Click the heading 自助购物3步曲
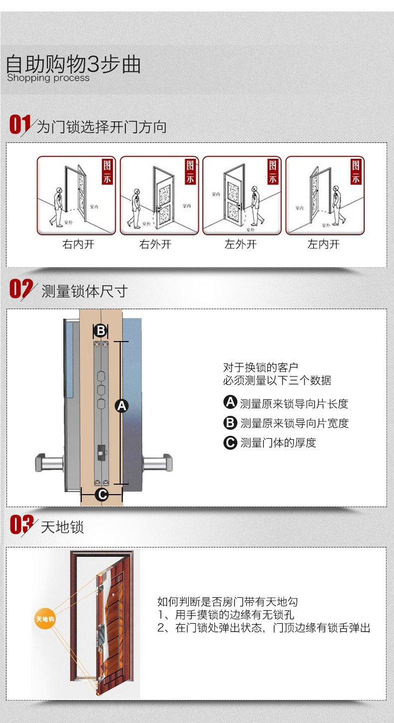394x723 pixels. click(73, 64)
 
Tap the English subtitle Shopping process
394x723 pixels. click(48, 78)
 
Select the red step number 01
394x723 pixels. click(19, 124)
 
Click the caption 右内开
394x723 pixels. click(78, 244)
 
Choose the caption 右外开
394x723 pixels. click(155, 244)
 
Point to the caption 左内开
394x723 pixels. click(323, 244)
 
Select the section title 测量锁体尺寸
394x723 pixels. click(85, 291)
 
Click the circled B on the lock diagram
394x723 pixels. click(101, 330)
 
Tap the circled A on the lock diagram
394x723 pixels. click(122, 406)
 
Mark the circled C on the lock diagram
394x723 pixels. click(101, 494)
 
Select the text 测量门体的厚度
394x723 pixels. click(278, 443)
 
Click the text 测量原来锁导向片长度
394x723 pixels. click(294, 404)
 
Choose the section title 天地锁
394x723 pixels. click(62, 527)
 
